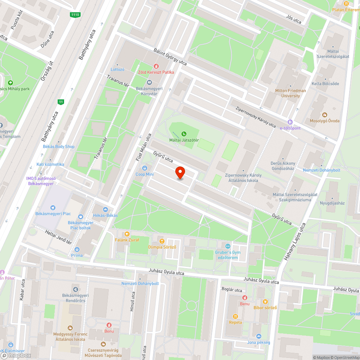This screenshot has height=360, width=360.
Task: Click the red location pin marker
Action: coord(180,173)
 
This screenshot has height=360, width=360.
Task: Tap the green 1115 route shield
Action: coord(75,14)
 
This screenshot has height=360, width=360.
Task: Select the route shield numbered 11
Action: coord(61,102)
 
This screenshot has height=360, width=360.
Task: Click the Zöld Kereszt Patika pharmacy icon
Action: coord(156,66)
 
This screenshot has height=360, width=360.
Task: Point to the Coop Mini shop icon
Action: coord(145,168)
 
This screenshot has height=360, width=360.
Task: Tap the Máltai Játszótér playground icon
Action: coord(184,134)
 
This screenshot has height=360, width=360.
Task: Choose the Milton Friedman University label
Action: coord(291,93)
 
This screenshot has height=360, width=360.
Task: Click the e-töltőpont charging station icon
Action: coord(290,122)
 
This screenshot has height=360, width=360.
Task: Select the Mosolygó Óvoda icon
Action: coord(324,114)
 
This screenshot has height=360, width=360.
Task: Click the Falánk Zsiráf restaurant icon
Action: coord(127,234)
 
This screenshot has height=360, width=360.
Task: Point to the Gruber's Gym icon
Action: coord(227,246)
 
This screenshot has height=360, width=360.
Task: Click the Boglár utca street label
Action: coord(232,290)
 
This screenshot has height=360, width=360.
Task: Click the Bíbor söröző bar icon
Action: coord(265,301)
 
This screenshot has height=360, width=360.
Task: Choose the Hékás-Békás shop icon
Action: coord(105,209)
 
